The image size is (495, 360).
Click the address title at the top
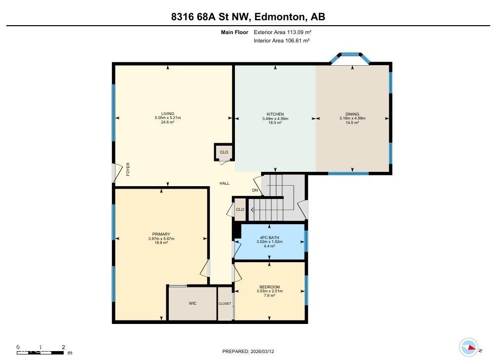248,17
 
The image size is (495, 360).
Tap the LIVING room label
168,114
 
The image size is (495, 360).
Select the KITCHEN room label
275,115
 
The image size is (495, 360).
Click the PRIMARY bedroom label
161,234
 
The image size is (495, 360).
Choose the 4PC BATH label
269,238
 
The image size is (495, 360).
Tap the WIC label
192,303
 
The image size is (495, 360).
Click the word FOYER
128,169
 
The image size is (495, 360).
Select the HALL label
225,183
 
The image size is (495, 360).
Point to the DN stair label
255,190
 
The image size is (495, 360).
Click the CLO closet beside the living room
224,152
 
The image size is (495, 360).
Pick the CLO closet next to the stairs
240,209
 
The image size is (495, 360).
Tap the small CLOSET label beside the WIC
225,304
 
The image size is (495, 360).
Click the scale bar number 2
63,347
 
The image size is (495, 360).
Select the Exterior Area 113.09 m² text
282,32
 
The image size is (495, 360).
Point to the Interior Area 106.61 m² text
281,40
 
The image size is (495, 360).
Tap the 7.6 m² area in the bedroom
269,295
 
